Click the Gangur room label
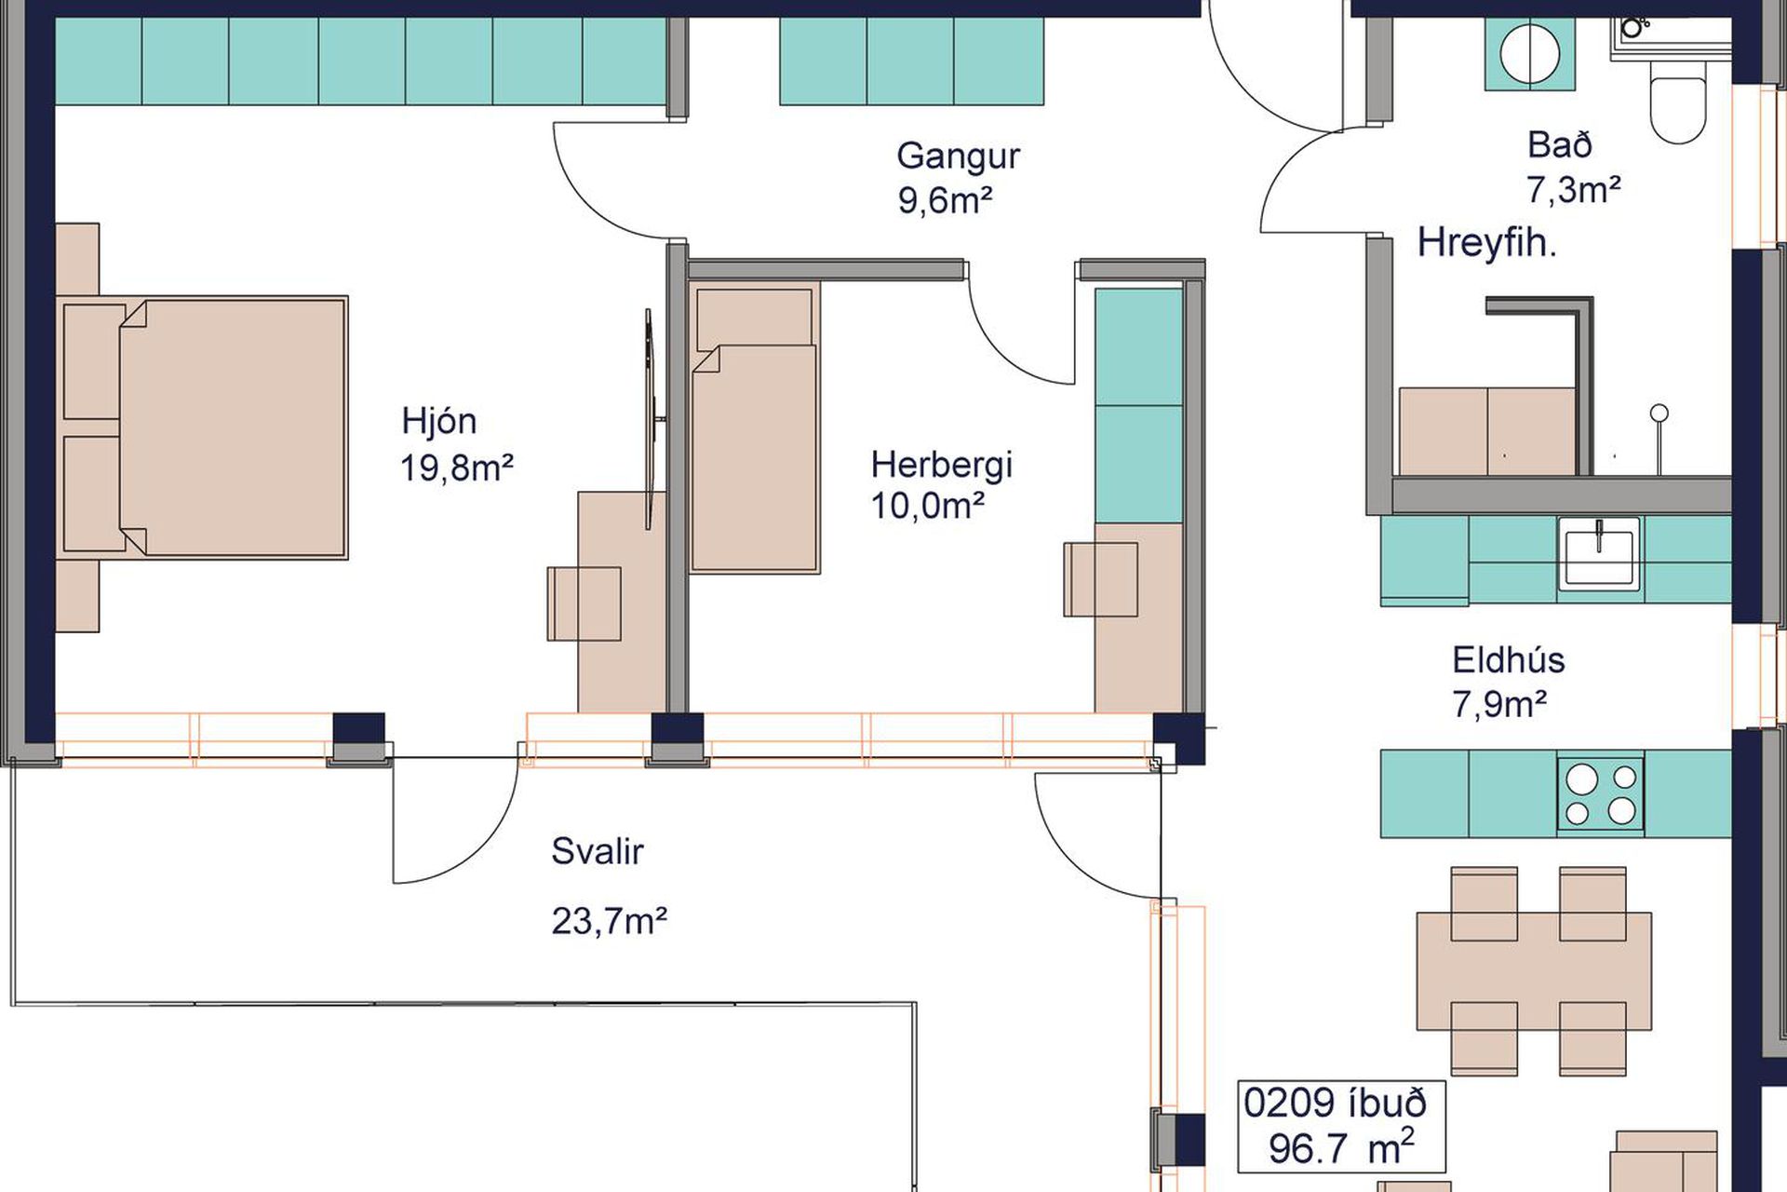tap(958, 156)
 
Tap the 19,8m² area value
tap(457, 467)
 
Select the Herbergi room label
tap(941, 464)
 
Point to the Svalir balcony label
tap(597, 850)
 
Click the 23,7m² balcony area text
tap(610, 921)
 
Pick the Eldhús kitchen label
tap(1508, 659)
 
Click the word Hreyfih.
tap(1486, 243)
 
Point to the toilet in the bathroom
tap(1678, 102)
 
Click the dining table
tap(1533, 970)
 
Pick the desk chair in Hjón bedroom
tap(584, 603)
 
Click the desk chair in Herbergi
tap(1101, 578)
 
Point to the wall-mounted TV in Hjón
tap(652, 420)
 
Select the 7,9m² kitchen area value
tap(1499, 704)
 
